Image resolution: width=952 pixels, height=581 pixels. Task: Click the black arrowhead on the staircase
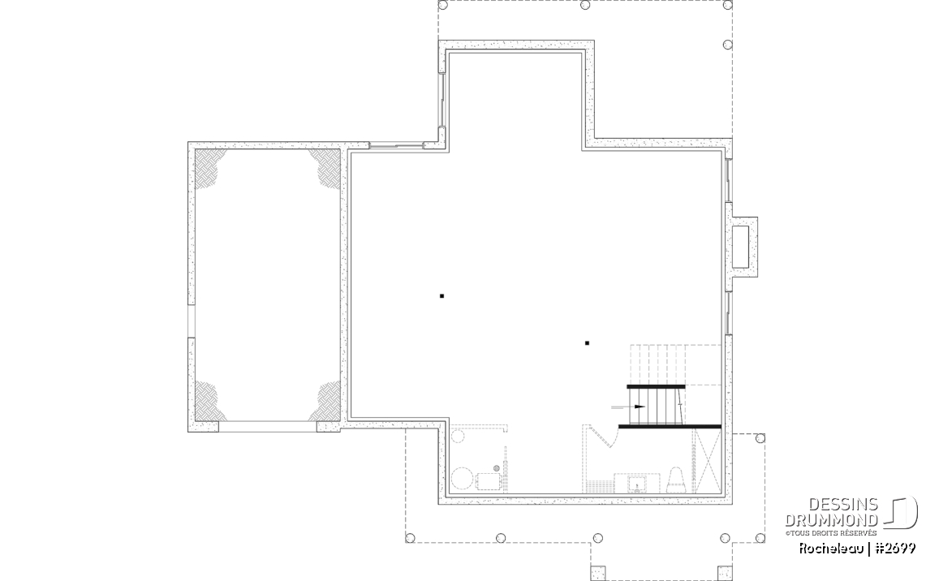tap(640, 407)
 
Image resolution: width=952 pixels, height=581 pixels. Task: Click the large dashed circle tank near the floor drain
tap(463, 479)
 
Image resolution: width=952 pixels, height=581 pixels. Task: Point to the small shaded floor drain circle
tap(496, 468)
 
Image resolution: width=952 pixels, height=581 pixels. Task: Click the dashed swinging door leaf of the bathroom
tap(602, 437)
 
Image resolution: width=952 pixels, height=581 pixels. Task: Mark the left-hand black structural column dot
tap(442, 296)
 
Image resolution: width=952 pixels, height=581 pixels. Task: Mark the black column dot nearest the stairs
tap(587, 343)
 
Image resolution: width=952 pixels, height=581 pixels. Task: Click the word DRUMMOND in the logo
tap(831, 520)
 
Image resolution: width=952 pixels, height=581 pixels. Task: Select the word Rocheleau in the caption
tap(831, 549)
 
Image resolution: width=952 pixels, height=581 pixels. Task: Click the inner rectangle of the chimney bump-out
tap(740, 247)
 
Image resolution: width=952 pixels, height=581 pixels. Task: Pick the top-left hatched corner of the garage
tap(210, 165)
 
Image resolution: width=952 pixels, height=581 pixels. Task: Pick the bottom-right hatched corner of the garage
tap(325, 402)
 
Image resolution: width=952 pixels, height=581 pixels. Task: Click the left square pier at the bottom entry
tap(598, 573)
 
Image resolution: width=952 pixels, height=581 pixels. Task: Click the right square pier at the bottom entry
tap(725, 573)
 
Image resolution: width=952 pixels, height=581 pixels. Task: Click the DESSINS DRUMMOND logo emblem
tap(900, 513)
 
